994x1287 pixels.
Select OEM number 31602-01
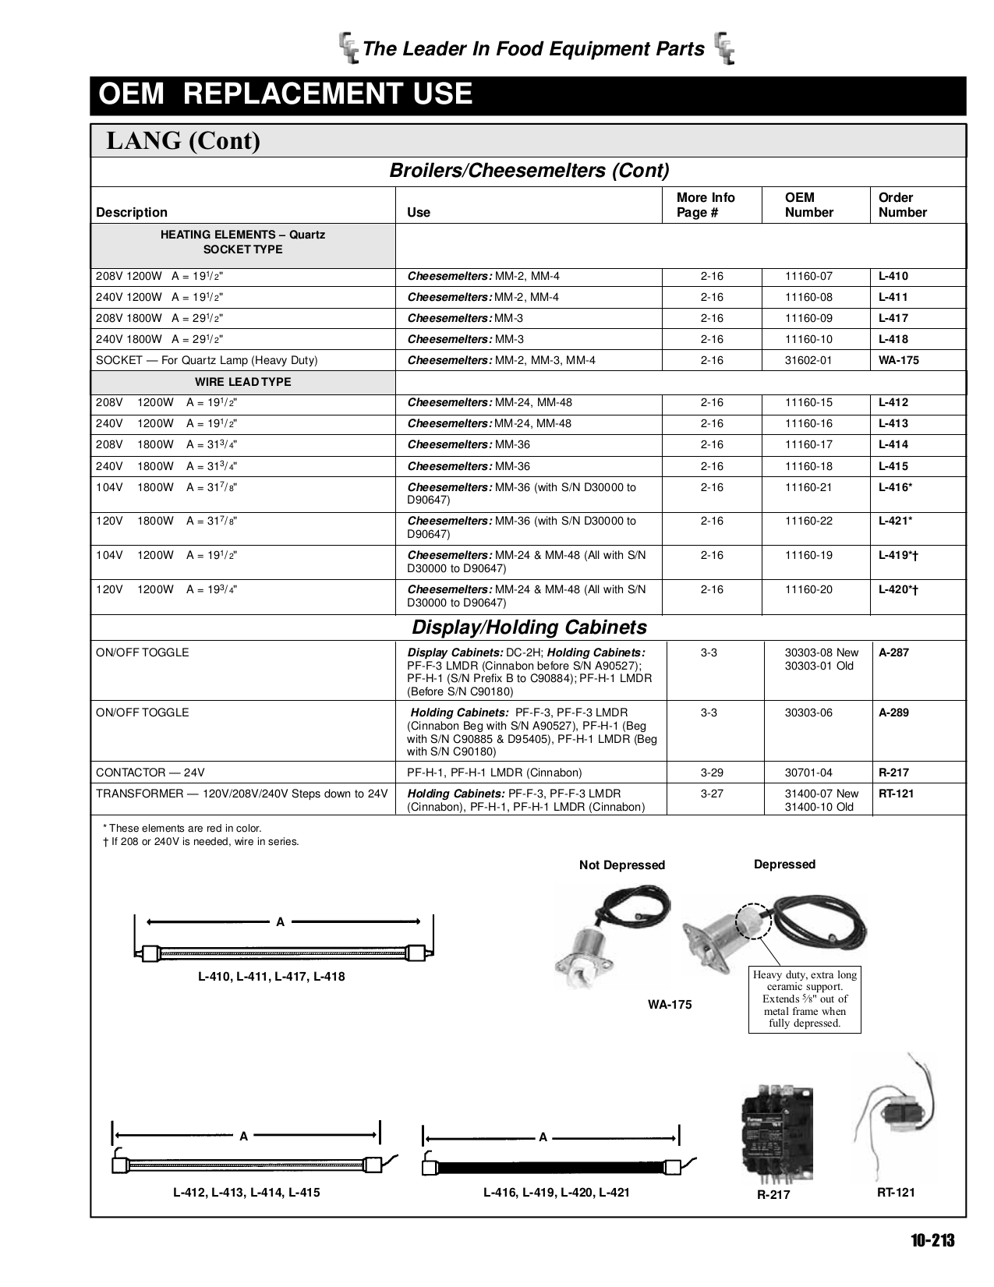coord(808,360)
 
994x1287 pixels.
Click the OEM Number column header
coord(808,205)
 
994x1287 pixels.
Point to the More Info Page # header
coord(706,205)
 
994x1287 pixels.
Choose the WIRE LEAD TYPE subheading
coord(242,382)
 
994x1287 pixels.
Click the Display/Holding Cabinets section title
coord(529,628)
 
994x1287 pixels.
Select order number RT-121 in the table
coord(895,794)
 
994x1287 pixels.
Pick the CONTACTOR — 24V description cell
coord(150,773)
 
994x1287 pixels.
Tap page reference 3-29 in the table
coord(711,773)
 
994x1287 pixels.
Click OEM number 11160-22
coord(808,521)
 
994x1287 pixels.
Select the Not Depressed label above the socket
coord(621,865)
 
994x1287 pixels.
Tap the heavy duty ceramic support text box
coord(805,999)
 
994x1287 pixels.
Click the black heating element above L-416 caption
coord(550,1167)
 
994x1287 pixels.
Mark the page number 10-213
coord(932,1241)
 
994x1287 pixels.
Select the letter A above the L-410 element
coord(281,922)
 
